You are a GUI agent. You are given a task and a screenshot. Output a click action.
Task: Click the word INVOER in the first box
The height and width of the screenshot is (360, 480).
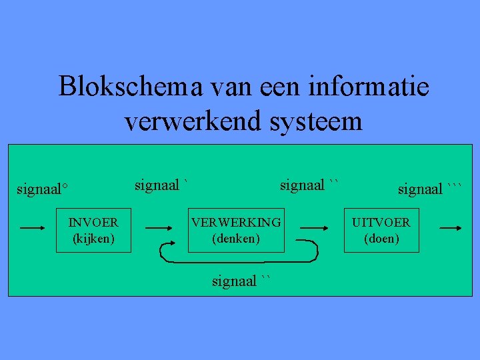(x=93, y=222)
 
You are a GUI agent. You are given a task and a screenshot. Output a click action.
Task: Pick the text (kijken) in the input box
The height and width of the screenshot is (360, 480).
(x=93, y=237)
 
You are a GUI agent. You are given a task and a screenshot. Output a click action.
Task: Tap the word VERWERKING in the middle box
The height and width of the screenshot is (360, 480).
(x=236, y=222)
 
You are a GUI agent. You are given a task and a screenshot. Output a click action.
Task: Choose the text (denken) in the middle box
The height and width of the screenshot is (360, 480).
(x=236, y=237)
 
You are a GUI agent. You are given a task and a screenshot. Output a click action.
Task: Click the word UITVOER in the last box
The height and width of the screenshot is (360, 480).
(x=381, y=222)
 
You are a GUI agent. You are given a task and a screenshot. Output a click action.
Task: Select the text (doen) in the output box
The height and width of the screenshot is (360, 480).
(x=381, y=237)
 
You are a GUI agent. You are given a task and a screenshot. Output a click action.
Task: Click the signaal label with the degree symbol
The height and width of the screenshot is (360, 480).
(x=43, y=189)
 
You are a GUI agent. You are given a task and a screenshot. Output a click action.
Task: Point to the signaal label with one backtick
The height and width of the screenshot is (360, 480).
(x=162, y=185)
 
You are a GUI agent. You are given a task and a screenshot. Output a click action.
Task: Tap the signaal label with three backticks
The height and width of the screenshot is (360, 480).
(x=429, y=189)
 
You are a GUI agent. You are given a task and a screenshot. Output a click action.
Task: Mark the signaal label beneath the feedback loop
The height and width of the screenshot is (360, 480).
(x=242, y=281)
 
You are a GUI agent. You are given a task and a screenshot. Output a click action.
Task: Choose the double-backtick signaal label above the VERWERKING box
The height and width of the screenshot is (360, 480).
(x=310, y=185)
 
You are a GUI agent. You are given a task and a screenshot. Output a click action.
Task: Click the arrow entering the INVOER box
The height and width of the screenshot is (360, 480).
(x=37, y=227)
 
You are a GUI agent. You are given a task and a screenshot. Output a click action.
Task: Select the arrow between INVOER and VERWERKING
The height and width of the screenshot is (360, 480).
(x=163, y=227)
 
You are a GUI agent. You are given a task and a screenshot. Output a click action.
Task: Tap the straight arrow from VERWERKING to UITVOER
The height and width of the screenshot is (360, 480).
(x=314, y=227)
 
